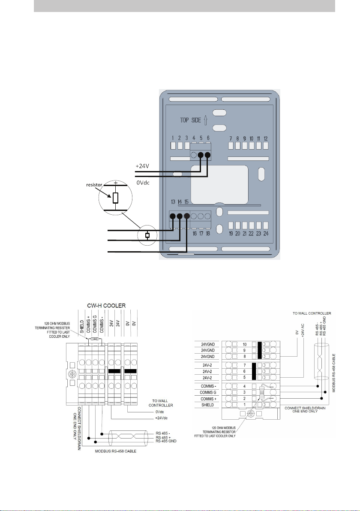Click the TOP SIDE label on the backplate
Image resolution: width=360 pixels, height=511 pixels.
(x=191, y=120)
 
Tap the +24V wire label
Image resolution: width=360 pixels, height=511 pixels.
(x=142, y=166)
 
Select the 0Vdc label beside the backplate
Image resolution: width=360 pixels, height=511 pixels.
(x=143, y=183)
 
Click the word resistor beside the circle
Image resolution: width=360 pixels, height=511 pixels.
(x=94, y=185)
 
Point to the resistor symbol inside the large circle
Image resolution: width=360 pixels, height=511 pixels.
(x=115, y=198)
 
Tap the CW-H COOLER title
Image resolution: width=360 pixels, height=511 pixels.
(x=106, y=306)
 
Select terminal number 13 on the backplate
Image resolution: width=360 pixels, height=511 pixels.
(x=173, y=202)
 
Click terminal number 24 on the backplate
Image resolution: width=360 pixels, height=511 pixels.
(x=266, y=234)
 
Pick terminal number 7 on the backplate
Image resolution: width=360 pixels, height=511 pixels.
(x=231, y=138)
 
